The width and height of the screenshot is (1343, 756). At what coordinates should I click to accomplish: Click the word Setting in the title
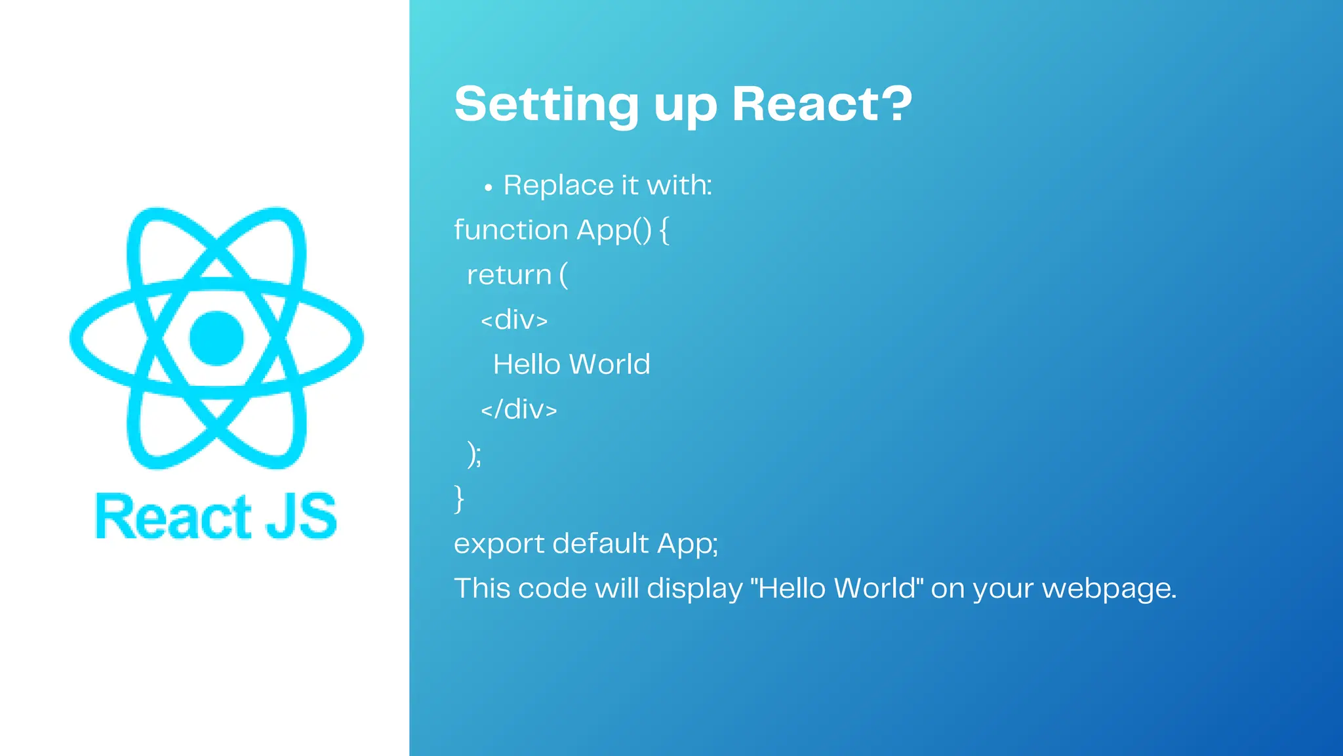pos(546,105)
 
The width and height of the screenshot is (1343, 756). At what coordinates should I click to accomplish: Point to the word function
pos(511,230)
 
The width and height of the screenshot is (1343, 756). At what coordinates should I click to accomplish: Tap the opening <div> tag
pos(514,320)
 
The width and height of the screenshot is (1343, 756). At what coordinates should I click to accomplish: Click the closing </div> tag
pos(519,409)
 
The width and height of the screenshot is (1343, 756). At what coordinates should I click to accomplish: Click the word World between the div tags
pos(610,364)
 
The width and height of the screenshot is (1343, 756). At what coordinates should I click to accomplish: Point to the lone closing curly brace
pos(459,499)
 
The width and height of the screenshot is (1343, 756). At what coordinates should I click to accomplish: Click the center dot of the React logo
pos(216,338)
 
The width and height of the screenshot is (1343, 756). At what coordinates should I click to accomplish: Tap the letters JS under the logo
pos(301,517)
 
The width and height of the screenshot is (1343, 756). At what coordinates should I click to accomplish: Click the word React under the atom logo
pos(174,517)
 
